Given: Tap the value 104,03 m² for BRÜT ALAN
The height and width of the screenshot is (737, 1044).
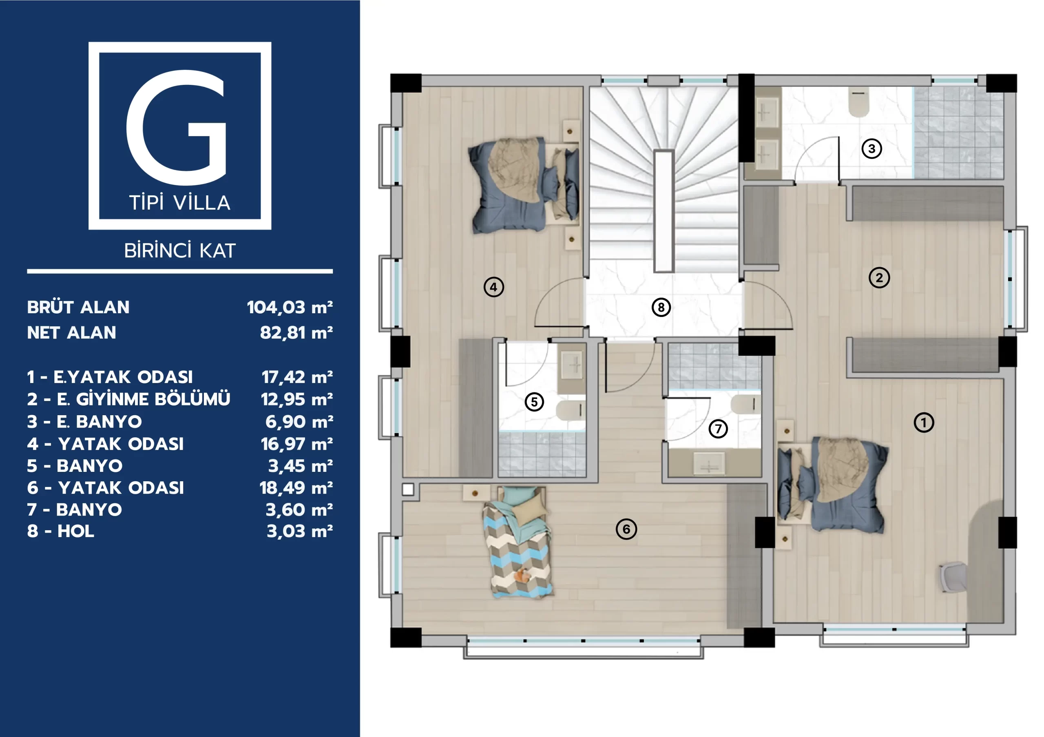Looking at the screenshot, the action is click(x=290, y=308).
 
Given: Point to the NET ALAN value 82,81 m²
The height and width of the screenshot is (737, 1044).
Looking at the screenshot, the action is click(x=296, y=333).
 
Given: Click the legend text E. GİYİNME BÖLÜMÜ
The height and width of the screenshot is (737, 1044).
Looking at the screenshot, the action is click(x=143, y=399).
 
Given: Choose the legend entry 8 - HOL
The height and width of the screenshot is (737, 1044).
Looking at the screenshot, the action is click(x=60, y=531).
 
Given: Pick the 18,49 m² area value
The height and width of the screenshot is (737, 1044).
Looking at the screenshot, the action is click(x=296, y=488).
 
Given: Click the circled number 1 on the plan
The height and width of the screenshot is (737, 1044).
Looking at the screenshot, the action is click(x=924, y=423).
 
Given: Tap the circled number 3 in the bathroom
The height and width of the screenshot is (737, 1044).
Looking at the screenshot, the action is click(x=871, y=149).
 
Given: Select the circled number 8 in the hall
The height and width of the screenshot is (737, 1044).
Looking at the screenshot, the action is click(x=661, y=308).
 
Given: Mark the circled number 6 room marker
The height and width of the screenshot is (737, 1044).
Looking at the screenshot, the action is click(x=626, y=529).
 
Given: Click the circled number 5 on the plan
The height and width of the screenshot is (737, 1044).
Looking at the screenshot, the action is click(x=534, y=402).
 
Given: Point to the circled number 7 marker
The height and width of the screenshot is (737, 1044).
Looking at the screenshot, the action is click(x=718, y=429).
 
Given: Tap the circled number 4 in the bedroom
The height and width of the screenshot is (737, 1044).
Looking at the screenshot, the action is click(x=493, y=287).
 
